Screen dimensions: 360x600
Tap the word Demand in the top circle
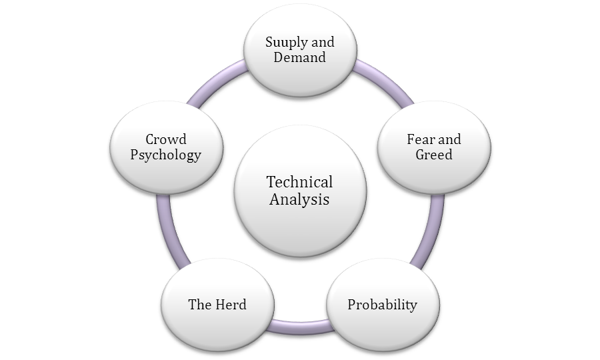[x=300, y=57]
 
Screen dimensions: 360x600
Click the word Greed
[x=434, y=155]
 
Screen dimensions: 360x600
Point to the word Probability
[x=382, y=305]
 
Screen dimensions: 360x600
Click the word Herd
[x=231, y=305]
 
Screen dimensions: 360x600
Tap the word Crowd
[x=166, y=140]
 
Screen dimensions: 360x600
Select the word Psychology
[x=166, y=155]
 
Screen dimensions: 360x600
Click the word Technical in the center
[x=299, y=182]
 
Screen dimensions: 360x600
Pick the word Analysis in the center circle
[x=299, y=199]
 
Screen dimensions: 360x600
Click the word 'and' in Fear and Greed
[x=449, y=140]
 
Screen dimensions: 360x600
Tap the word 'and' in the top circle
[x=322, y=43]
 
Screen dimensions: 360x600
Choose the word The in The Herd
[x=200, y=305]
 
